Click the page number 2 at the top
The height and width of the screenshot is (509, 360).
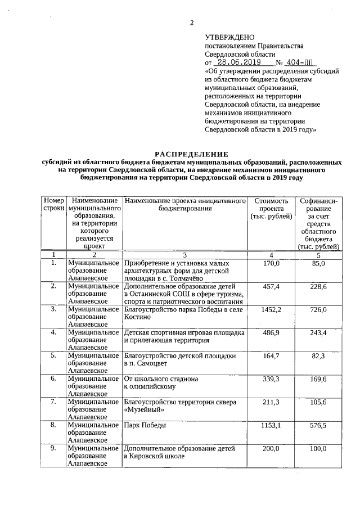(x=191, y=23)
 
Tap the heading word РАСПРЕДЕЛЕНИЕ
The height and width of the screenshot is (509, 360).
(x=191, y=154)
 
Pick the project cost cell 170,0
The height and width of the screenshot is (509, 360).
(x=271, y=263)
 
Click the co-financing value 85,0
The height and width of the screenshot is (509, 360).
(x=319, y=263)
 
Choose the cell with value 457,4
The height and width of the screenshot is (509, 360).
(x=271, y=286)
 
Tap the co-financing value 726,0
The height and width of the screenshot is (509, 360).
(x=319, y=309)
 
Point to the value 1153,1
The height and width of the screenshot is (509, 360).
(x=271, y=425)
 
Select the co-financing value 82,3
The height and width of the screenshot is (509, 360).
(x=319, y=356)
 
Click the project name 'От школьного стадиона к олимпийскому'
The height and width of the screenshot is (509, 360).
(x=161, y=382)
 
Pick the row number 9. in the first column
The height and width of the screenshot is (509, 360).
(x=53, y=448)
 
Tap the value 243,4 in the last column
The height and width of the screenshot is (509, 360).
(x=319, y=333)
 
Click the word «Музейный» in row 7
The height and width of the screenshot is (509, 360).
(x=145, y=410)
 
